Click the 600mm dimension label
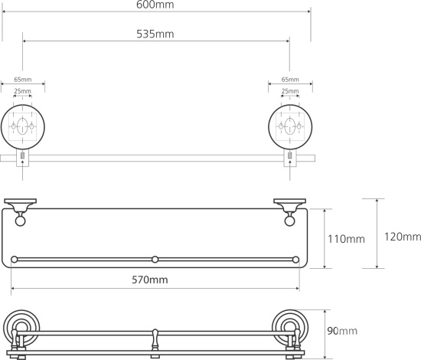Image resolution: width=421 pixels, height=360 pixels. click(x=155, y=5)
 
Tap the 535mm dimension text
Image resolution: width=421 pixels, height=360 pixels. click(x=155, y=34)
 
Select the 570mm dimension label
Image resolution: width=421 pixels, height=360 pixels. click(x=150, y=280)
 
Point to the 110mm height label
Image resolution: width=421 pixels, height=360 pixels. click(x=346, y=239)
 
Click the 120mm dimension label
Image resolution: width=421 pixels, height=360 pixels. click(x=403, y=237)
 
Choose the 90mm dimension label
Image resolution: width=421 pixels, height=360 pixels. click(x=342, y=331)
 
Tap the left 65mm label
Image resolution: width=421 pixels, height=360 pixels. click(x=23, y=80)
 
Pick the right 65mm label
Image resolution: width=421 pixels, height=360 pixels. click(x=290, y=80)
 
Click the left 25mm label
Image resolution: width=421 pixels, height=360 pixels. click(x=22, y=91)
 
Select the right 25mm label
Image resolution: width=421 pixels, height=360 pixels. click(x=290, y=91)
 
